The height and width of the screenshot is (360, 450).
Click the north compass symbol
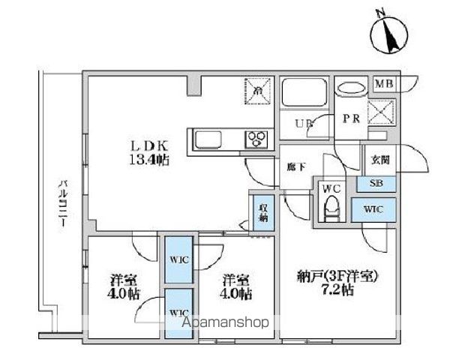[x=387, y=32]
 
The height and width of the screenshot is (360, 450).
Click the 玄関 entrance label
[x=379, y=160]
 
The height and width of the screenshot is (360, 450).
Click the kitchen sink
[x=207, y=139]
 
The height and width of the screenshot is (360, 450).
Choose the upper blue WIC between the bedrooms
[x=179, y=260]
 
